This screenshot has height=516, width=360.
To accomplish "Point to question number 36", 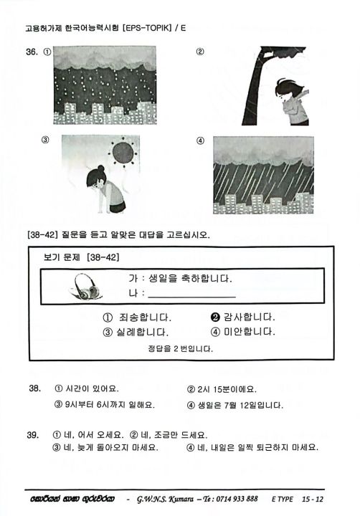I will tap(33, 52).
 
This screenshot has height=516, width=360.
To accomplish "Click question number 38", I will tap(34, 388).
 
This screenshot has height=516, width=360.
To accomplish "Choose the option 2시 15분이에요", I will tap(222, 389).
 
